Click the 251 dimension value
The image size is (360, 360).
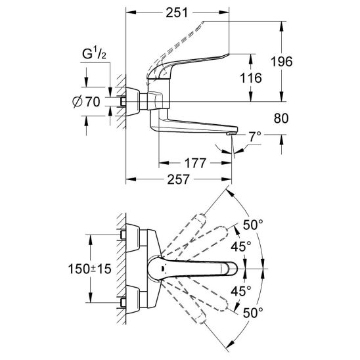177,13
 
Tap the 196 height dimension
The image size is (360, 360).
282,62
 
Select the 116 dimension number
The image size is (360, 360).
251,78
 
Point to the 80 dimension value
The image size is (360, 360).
281,118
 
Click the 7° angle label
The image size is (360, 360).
256,137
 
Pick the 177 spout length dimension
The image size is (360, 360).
195,163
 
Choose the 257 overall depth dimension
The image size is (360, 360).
179,179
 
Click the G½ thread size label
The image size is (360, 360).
94,55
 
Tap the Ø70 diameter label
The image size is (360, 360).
86,102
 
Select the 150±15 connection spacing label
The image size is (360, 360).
89,269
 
